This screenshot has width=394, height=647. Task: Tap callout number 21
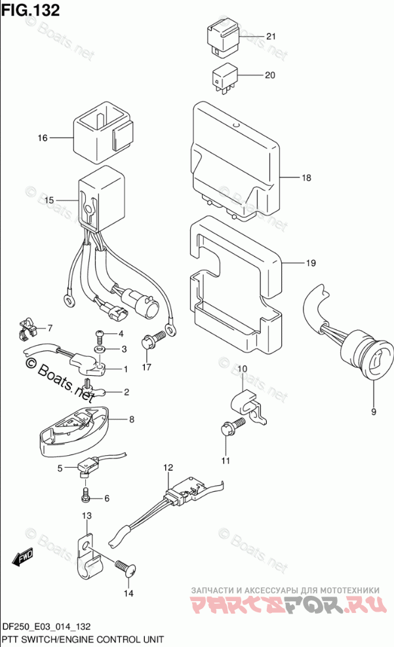(x=271, y=37)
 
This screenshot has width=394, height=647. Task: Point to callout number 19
(x=310, y=263)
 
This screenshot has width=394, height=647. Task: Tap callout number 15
(x=49, y=199)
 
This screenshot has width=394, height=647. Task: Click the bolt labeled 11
(x=231, y=428)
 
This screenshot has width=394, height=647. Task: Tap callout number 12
(x=168, y=467)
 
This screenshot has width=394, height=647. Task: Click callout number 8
(x=131, y=419)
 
